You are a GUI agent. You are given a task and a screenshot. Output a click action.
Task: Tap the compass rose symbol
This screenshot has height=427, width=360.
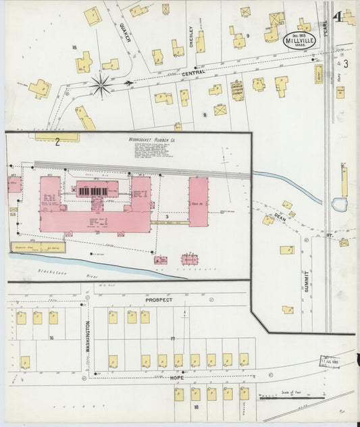click(x=101, y=85)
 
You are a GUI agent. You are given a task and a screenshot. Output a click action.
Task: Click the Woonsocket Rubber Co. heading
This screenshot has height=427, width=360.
click(x=153, y=140)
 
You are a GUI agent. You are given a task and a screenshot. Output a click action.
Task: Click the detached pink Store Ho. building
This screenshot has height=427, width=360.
click(x=198, y=201)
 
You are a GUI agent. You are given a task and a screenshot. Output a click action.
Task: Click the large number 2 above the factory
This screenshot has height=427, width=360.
click(x=58, y=141)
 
